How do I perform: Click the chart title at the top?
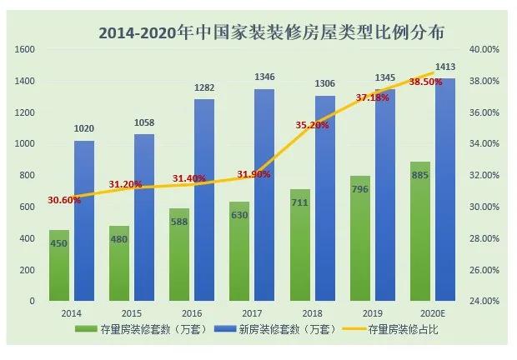click(x=271, y=32)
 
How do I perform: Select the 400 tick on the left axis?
click(x=28, y=238)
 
